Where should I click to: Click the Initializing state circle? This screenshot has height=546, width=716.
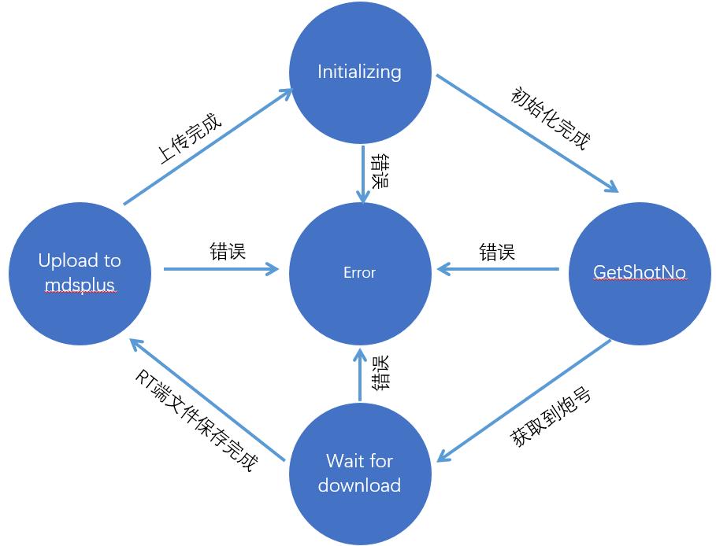pyautogui.click(x=360, y=72)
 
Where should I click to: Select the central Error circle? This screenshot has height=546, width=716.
pyautogui.click(x=360, y=272)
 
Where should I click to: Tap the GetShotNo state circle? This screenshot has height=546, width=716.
pyautogui.click(x=639, y=272)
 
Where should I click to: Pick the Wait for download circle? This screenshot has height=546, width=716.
pyautogui.click(x=360, y=473)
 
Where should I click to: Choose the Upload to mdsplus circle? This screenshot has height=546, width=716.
pyautogui.click(x=80, y=272)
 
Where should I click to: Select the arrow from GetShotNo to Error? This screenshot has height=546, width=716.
pyautogui.click(x=498, y=270)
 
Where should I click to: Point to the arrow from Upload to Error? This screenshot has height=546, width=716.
pyautogui.click(x=221, y=270)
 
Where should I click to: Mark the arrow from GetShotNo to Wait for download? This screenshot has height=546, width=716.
pyautogui.click(x=524, y=400)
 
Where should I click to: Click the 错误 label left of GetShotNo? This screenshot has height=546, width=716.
pyautogui.click(x=497, y=253)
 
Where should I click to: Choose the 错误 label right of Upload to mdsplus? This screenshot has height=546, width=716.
pyautogui.click(x=228, y=251)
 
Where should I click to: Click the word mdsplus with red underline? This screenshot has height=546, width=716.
pyautogui.click(x=80, y=283)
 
